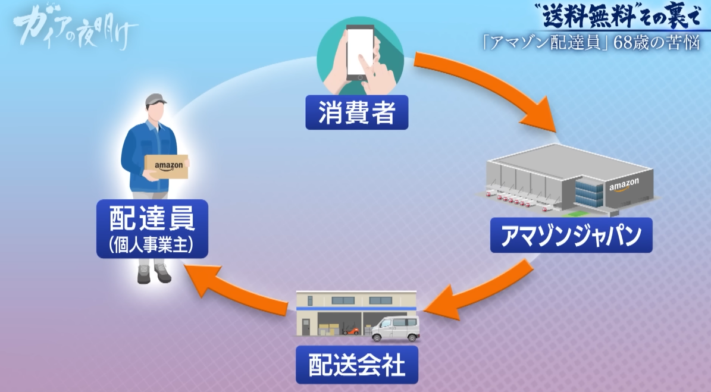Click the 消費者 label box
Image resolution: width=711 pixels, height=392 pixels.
pyautogui.click(x=356, y=112)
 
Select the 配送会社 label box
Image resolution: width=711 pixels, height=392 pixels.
pyautogui.click(x=357, y=364)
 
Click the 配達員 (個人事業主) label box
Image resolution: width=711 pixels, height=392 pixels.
pyautogui.click(x=152, y=229)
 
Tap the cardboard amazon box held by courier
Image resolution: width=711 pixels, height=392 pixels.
pyautogui.click(x=168, y=167)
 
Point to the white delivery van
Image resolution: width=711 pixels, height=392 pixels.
pyautogui.click(x=395, y=328)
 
